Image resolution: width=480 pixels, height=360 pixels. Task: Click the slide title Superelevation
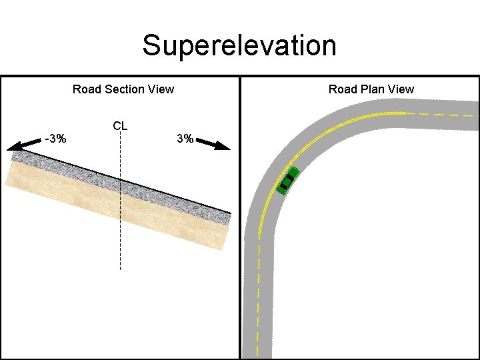239,45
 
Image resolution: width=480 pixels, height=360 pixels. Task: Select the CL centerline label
120,125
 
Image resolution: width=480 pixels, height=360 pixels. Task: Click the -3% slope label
55,139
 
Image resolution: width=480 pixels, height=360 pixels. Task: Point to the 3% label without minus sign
185,139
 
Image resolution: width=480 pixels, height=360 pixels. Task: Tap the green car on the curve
287,180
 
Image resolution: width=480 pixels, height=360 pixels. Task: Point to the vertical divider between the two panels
239,220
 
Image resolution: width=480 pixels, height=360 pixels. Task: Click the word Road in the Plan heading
342,89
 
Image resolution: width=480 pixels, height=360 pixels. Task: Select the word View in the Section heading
161,89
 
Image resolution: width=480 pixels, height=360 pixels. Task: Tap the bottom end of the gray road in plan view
258,353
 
